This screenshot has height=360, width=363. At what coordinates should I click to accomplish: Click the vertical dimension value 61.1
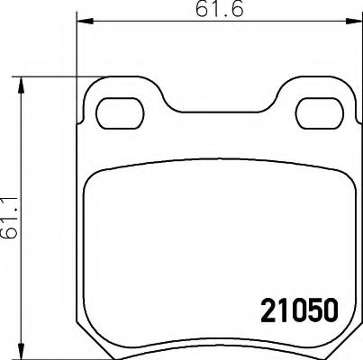click(10, 220)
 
